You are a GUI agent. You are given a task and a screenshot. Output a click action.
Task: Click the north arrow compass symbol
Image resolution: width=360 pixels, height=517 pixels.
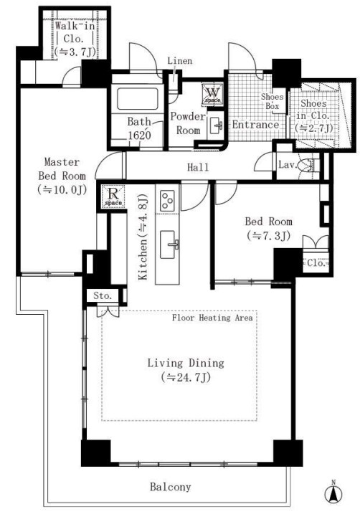pos(333,493)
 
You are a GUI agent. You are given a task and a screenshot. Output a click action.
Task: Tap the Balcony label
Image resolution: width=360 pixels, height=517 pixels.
pos(171,487)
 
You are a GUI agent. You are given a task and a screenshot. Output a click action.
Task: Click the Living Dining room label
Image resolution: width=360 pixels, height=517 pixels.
pos(186,363)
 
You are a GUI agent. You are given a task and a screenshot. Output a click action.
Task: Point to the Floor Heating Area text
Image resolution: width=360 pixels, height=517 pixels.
pos(212,318)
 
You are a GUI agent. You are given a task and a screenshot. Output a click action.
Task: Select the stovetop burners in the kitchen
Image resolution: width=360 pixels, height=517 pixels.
pos(167,201)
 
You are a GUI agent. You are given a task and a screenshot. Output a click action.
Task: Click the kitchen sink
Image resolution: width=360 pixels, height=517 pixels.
pos(168,245)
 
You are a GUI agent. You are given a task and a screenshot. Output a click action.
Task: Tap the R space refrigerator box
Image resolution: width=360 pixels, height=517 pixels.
pos(113,196)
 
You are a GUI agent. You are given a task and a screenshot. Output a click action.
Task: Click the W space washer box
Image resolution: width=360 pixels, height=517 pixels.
pos(212,94)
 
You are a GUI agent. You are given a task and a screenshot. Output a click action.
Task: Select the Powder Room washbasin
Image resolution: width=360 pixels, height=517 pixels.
pos(217,125)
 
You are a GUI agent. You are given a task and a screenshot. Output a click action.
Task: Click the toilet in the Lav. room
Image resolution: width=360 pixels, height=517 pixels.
pos(308,165)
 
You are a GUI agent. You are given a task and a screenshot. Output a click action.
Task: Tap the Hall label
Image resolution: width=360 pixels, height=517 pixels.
pos(198,168)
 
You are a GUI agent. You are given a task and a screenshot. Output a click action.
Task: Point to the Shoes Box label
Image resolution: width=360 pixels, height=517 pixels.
pos(273,101)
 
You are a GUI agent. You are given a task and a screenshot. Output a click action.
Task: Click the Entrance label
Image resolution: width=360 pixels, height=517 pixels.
pos(255,125)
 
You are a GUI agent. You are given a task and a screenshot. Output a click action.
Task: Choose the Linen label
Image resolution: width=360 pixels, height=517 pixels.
pos(180,61)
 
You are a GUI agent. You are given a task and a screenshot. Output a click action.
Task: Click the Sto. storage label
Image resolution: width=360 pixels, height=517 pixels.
pos(103,295)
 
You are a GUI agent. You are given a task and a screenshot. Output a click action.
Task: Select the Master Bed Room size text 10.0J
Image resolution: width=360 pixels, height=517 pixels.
pos(62,189)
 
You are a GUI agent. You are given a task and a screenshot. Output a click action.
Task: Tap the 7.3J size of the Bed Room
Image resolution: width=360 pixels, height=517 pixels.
pos(268,236)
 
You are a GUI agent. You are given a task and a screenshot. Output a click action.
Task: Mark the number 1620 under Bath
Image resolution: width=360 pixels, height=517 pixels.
pos(139,136)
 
